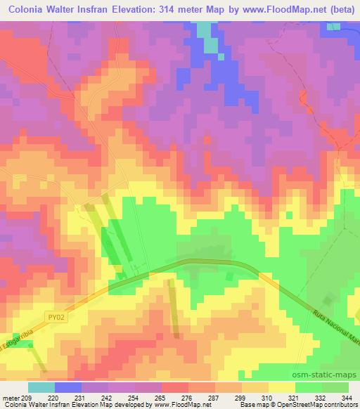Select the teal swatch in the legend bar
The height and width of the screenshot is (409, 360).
[41, 387]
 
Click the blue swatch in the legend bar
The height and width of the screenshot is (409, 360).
[67, 387]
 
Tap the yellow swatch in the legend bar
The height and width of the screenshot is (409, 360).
[281, 387]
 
